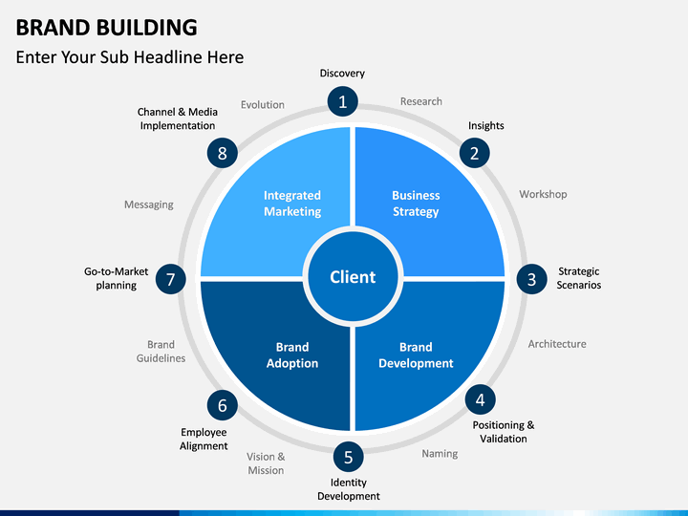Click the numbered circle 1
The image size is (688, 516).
342,100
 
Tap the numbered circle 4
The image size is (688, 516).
480,399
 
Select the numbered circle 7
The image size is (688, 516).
170,279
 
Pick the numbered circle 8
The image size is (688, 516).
222,153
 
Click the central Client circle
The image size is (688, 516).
353,277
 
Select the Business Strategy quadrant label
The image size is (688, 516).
416,204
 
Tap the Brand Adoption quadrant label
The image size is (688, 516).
292,355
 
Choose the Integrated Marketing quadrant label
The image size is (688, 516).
292,204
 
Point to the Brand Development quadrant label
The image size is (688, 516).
416,355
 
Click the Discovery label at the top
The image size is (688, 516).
342,74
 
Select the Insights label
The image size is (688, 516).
485,126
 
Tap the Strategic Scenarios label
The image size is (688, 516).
579,278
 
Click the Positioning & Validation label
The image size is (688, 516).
504,432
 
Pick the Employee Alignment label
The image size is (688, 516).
204,440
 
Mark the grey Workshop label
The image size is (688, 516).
543,194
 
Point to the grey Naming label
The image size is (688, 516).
440,454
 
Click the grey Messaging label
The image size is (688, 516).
149,204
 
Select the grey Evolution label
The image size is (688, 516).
263,105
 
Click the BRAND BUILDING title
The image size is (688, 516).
107,27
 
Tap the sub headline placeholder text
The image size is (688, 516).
130,57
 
